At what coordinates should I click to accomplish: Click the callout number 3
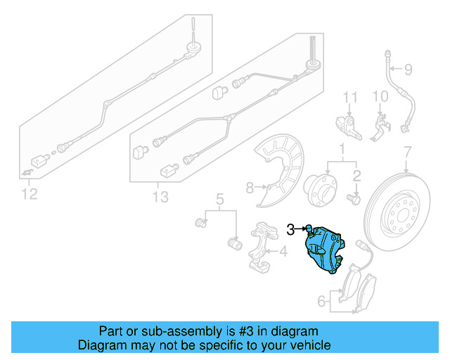coord(290,228)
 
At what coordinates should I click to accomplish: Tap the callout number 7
coord(406,152)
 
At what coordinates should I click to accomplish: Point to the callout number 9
coord(407,69)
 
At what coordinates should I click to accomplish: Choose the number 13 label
coord(160,197)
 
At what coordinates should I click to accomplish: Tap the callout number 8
coord(250,187)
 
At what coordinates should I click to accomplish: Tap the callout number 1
coord(342,149)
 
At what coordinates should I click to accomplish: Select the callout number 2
coord(357,175)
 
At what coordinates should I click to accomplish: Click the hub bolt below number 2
coord(354,199)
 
